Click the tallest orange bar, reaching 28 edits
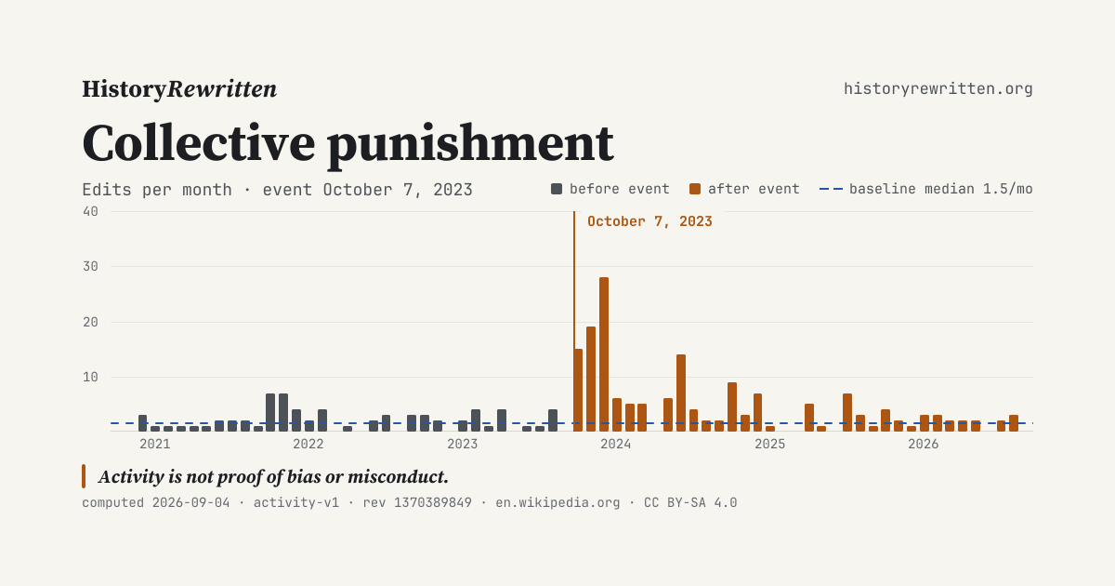(x=604, y=354)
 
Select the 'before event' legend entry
(x=610, y=189)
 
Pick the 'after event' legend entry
(x=744, y=189)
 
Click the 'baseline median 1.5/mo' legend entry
(x=925, y=189)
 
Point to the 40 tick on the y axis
(x=91, y=211)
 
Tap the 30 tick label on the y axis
(x=91, y=266)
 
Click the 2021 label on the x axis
(x=155, y=444)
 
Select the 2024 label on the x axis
(x=616, y=444)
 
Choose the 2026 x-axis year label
(x=924, y=444)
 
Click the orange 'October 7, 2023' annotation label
(x=649, y=221)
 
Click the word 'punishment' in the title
(x=470, y=144)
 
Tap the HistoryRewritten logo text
(x=179, y=89)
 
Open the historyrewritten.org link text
(x=938, y=88)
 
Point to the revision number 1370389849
(x=433, y=502)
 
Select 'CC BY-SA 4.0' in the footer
(x=690, y=502)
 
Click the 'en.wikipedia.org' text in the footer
(x=557, y=502)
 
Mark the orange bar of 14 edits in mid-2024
(x=681, y=393)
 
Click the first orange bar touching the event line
(x=578, y=390)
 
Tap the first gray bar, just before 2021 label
(x=142, y=423)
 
